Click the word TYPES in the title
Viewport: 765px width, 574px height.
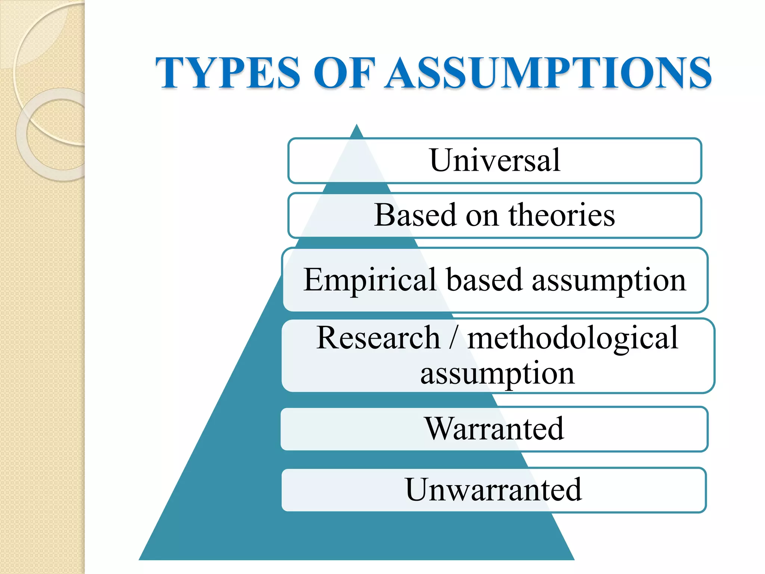[228, 73]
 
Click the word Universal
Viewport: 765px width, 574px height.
[495, 160]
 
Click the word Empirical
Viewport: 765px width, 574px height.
[370, 280]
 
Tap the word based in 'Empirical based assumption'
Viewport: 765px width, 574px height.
[484, 280]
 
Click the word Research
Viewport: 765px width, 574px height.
[378, 338]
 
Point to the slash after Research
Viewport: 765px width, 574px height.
[453, 338]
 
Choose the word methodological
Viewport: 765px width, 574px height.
[573, 339]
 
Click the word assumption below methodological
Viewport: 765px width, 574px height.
[497, 374]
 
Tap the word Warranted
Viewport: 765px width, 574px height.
[494, 429]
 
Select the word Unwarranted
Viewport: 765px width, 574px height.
[493, 490]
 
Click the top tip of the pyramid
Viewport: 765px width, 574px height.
[357, 126]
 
